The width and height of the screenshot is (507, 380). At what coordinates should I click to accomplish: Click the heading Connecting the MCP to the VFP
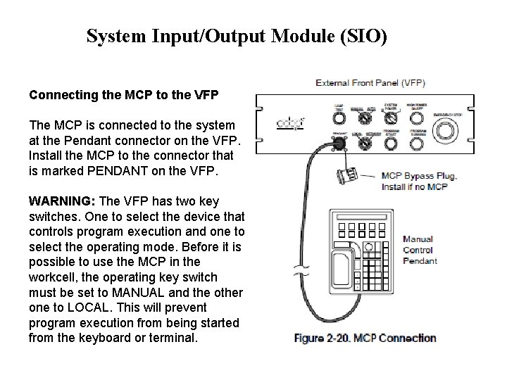pyautogui.click(x=123, y=94)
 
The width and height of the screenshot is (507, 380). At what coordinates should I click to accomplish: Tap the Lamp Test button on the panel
pyautogui.click(x=338, y=117)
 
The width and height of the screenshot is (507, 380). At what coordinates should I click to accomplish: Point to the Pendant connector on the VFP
pyautogui.click(x=338, y=142)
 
